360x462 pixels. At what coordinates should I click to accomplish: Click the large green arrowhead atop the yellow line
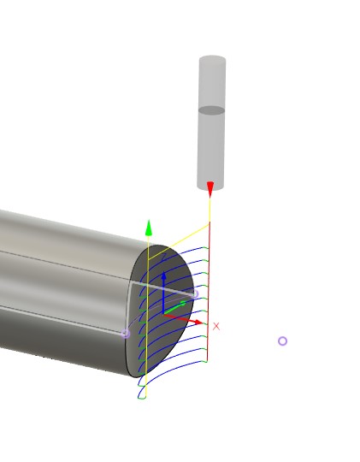(x=149, y=228)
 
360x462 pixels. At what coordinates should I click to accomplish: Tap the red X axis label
(x=216, y=327)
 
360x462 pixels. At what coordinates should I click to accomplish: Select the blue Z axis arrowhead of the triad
(x=163, y=277)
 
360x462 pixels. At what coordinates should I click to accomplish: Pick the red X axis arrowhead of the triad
(x=198, y=323)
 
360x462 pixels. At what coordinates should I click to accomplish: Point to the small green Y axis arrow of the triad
(x=181, y=303)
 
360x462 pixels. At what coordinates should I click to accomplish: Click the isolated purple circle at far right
(x=282, y=341)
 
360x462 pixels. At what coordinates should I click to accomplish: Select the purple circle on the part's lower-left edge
(x=126, y=333)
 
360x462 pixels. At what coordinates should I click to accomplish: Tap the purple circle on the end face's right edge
(x=194, y=294)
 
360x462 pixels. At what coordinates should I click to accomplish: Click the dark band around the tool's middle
(x=212, y=110)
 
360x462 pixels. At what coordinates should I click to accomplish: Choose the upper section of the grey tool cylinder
(x=212, y=84)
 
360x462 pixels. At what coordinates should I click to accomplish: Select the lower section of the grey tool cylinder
(x=211, y=147)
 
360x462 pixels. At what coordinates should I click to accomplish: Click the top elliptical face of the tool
(x=212, y=60)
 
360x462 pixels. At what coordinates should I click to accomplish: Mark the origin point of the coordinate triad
(x=163, y=314)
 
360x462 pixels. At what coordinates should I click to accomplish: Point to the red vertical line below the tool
(x=210, y=274)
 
